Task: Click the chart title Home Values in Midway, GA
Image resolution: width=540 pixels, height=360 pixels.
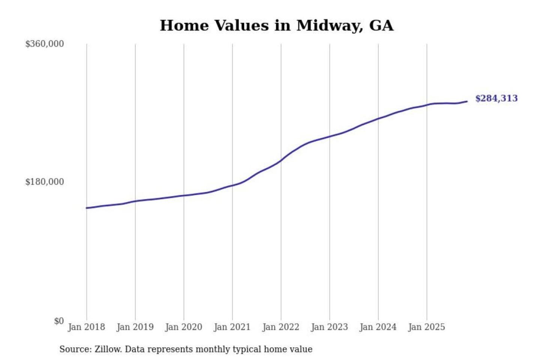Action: (277, 25)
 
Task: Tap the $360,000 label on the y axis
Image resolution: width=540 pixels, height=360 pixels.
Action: (45, 44)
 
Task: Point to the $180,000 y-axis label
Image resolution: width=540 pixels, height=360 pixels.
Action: (45, 182)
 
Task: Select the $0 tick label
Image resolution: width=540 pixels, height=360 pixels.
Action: (59, 321)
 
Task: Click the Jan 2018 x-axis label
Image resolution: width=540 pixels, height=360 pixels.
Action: (86, 327)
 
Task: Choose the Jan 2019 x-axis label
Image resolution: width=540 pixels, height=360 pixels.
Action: (135, 327)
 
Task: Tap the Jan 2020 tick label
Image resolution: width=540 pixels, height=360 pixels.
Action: (183, 327)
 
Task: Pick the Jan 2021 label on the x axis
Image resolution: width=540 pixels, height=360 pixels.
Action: (232, 327)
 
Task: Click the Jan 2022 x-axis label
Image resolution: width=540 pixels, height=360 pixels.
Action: (281, 327)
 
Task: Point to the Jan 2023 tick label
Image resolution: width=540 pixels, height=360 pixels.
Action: (329, 327)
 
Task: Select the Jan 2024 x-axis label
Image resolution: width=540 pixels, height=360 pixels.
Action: (378, 327)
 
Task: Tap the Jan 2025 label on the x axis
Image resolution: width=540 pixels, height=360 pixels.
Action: (426, 327)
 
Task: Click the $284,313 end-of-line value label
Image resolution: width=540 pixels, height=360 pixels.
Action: (496, 98)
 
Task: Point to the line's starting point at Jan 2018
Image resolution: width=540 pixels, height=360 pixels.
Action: (87, 208)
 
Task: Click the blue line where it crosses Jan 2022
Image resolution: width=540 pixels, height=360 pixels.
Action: (281, 160)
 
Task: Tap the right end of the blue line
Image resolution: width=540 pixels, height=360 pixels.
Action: (466, 101)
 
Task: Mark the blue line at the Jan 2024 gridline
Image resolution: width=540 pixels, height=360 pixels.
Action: (378, 118)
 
